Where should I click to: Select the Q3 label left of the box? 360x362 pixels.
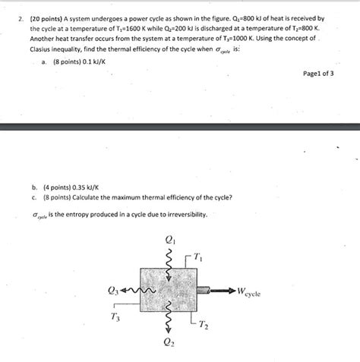114,290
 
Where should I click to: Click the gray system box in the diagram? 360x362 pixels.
169,291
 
